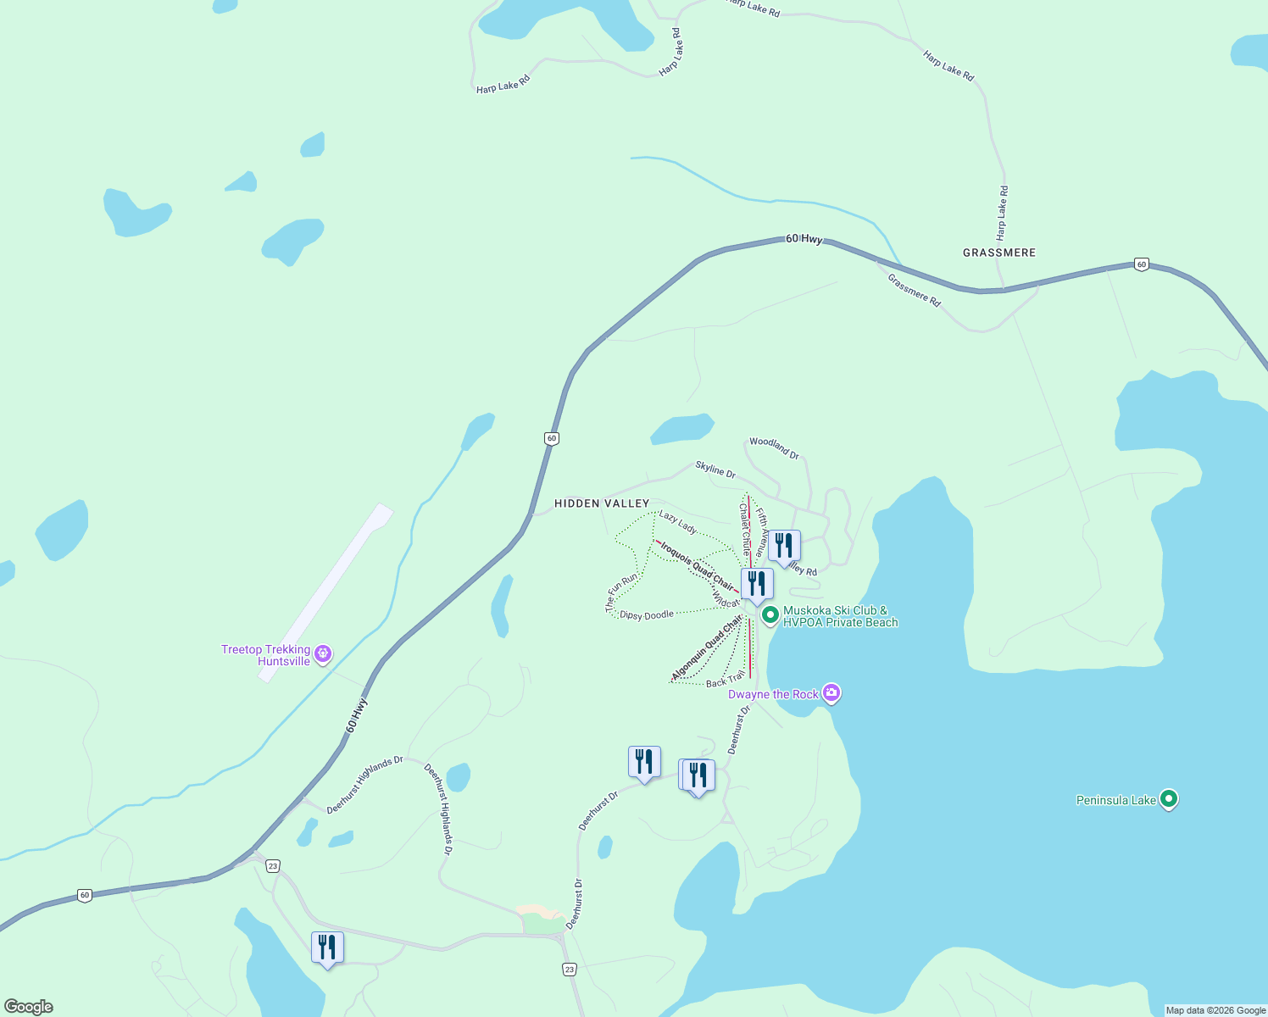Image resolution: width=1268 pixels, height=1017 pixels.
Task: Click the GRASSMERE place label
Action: tap(998, 253)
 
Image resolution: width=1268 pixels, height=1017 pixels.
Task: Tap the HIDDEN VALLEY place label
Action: tap(602, 503)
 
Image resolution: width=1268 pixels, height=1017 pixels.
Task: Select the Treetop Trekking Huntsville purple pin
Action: tap(322, 653)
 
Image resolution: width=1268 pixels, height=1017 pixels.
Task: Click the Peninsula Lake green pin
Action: tap(1169, 798)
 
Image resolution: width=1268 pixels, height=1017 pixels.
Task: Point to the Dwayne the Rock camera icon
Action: tap(831, 693)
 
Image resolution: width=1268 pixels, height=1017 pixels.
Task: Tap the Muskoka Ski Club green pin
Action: tap(770, 614)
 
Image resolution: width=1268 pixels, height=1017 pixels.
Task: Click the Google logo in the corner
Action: tap(29, 1007)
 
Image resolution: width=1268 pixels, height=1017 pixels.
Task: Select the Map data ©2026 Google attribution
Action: tap(1215, 1010)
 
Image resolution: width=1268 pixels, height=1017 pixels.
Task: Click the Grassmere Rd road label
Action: tap(914, 290)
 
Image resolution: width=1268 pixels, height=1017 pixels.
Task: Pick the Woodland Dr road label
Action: tap(774, 448)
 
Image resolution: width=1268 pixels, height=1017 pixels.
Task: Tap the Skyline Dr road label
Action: tap(715, 469)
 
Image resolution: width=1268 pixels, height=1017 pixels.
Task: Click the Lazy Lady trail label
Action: tap(678, 523)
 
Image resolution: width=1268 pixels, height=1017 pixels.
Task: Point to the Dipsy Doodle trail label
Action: tap(647, 615)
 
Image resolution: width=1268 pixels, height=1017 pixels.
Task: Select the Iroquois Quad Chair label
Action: tap(697, 565)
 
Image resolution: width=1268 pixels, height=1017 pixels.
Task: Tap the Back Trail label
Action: tap(725, 680)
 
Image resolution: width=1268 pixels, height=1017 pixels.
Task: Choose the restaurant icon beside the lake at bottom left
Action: tap(327, 948)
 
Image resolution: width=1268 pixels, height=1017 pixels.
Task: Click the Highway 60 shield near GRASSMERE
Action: tap(1141, 264)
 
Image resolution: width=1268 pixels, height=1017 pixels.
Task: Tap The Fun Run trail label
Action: tap(621, 592)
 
